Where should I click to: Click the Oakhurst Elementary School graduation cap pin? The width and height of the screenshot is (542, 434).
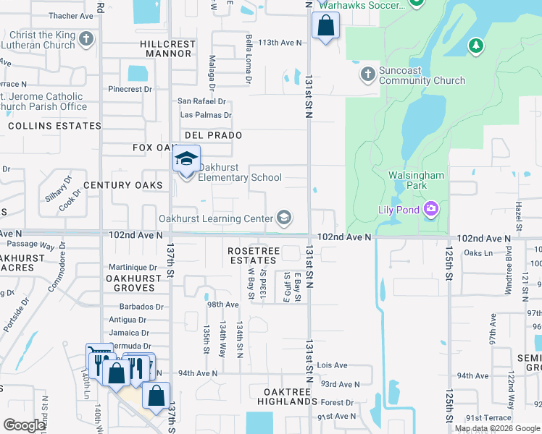tap(186, 158)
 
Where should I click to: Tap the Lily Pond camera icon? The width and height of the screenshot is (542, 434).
tap(432, 210)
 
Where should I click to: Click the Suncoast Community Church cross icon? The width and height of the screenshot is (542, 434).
tap(367, 75)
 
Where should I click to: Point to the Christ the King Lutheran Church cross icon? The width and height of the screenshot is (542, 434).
tap(86, 39)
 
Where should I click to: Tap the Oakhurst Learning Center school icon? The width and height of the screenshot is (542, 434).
tap(284, 218)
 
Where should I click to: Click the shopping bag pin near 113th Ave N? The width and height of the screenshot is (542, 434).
tap(325, 26)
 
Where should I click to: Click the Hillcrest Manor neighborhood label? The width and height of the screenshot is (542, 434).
tap(167, 48)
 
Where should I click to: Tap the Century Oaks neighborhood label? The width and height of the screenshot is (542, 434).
tap(122, 185)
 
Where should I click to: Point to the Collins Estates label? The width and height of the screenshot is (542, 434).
tap(55, 126)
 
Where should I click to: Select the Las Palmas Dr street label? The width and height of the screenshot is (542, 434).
tap(205, 115)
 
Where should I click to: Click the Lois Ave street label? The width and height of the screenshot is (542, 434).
tap(333, 365)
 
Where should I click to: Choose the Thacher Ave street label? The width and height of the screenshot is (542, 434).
tap(71, 15)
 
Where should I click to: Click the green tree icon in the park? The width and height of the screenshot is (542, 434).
tap(475, 47)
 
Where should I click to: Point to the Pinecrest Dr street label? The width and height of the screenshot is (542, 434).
tap(130, 89)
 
